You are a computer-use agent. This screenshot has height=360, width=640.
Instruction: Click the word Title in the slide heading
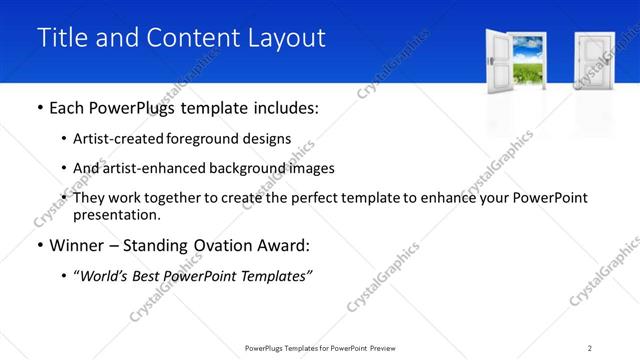(x=61, y=38)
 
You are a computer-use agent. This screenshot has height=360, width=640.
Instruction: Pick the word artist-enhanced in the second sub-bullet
(x=159, y=168)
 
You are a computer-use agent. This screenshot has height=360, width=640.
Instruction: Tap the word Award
(x=289, y=244)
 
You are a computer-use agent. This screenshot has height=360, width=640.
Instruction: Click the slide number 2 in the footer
(x=590, y=348)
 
